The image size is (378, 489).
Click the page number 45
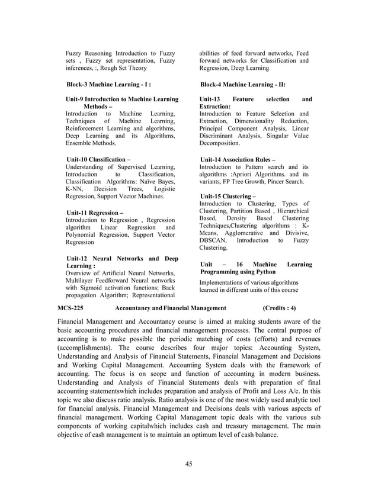[188, 464]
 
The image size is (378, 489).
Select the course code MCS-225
[71, 308]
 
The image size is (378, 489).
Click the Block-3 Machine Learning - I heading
[108, 85]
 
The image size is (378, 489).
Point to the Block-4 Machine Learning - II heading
[243, 85]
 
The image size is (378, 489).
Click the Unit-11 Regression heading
[95, 212]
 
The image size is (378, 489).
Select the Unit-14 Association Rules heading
[238, 159]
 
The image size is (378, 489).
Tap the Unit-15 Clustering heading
[228, 196]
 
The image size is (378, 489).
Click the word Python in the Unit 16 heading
[263, 272]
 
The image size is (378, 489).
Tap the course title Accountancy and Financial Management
[171, 308]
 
